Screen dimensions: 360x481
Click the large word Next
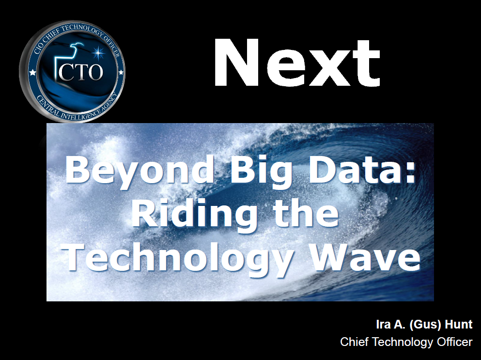(296, 63)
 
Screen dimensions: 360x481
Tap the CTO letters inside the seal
(81, 72)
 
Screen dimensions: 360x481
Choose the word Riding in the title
(194, 214)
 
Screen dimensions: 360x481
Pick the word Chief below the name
(355, 342)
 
